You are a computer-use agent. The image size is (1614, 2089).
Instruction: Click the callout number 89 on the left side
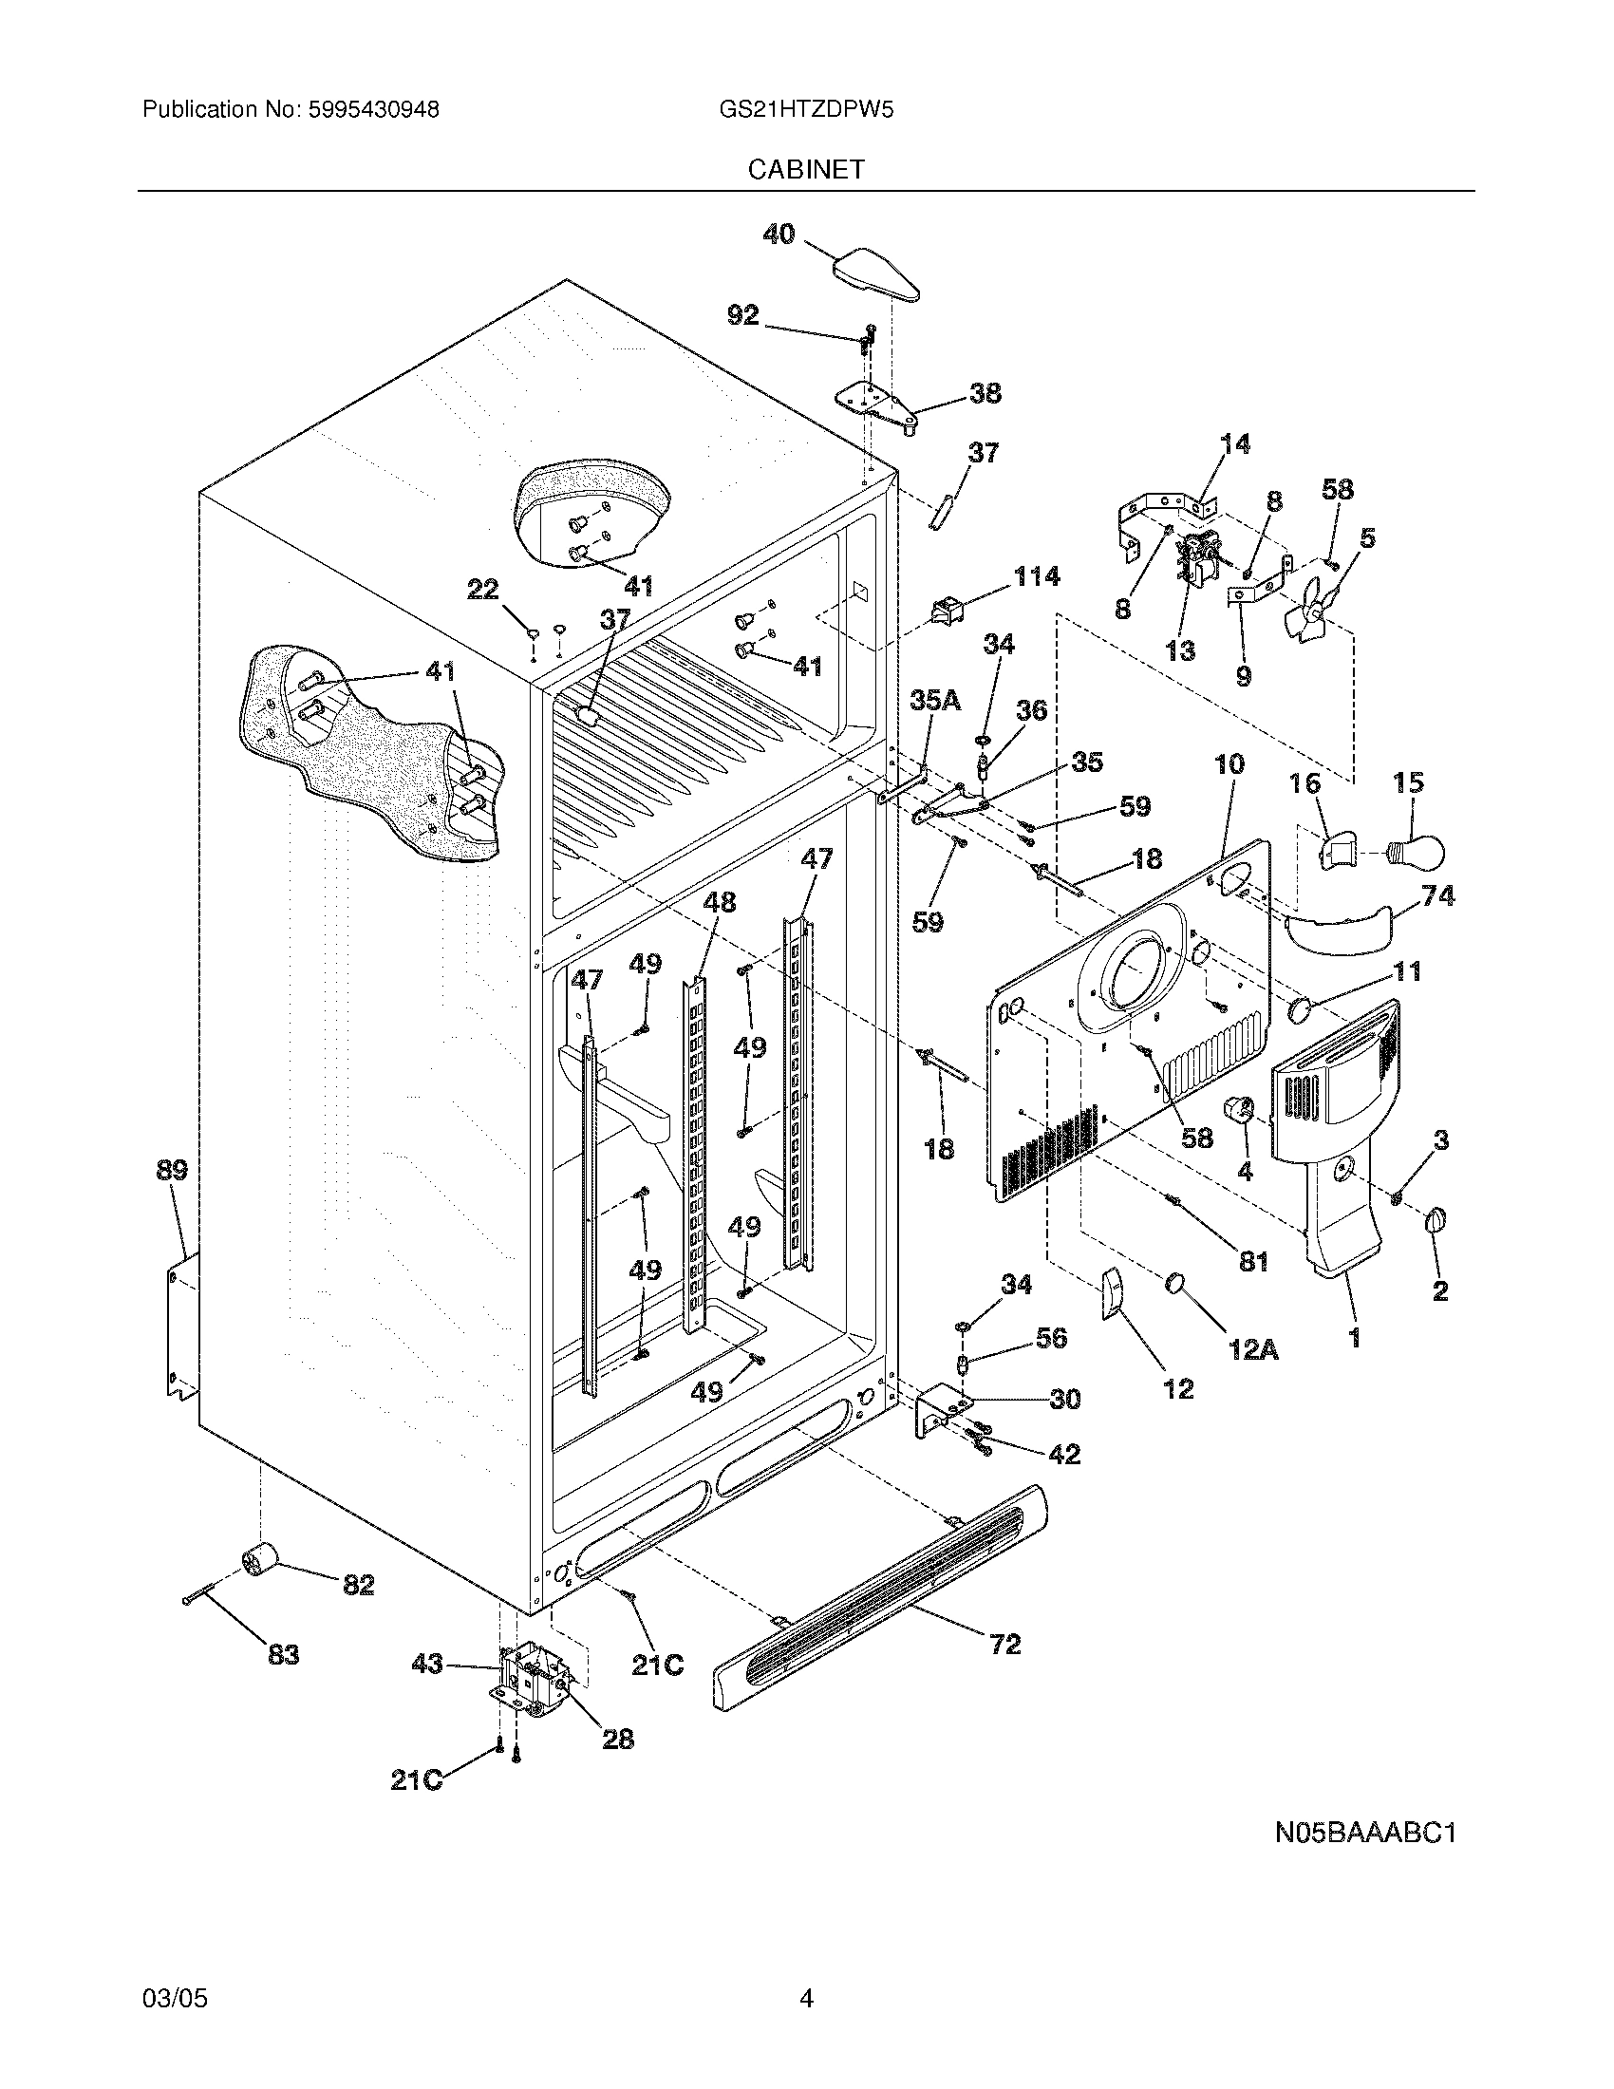(171, 1170)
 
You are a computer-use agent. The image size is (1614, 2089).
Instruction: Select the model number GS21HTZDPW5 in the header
(806, 110)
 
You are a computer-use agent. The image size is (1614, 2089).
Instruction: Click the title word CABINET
(806, 169)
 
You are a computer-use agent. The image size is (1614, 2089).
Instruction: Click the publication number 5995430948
(373, 110)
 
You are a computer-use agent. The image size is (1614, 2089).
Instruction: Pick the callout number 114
(1036, 575)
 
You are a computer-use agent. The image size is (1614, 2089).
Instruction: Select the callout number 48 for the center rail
(719, 902)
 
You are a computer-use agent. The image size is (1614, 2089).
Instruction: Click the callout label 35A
(934, 701)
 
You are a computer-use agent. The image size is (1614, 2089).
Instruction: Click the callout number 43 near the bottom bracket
(426, 1665)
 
